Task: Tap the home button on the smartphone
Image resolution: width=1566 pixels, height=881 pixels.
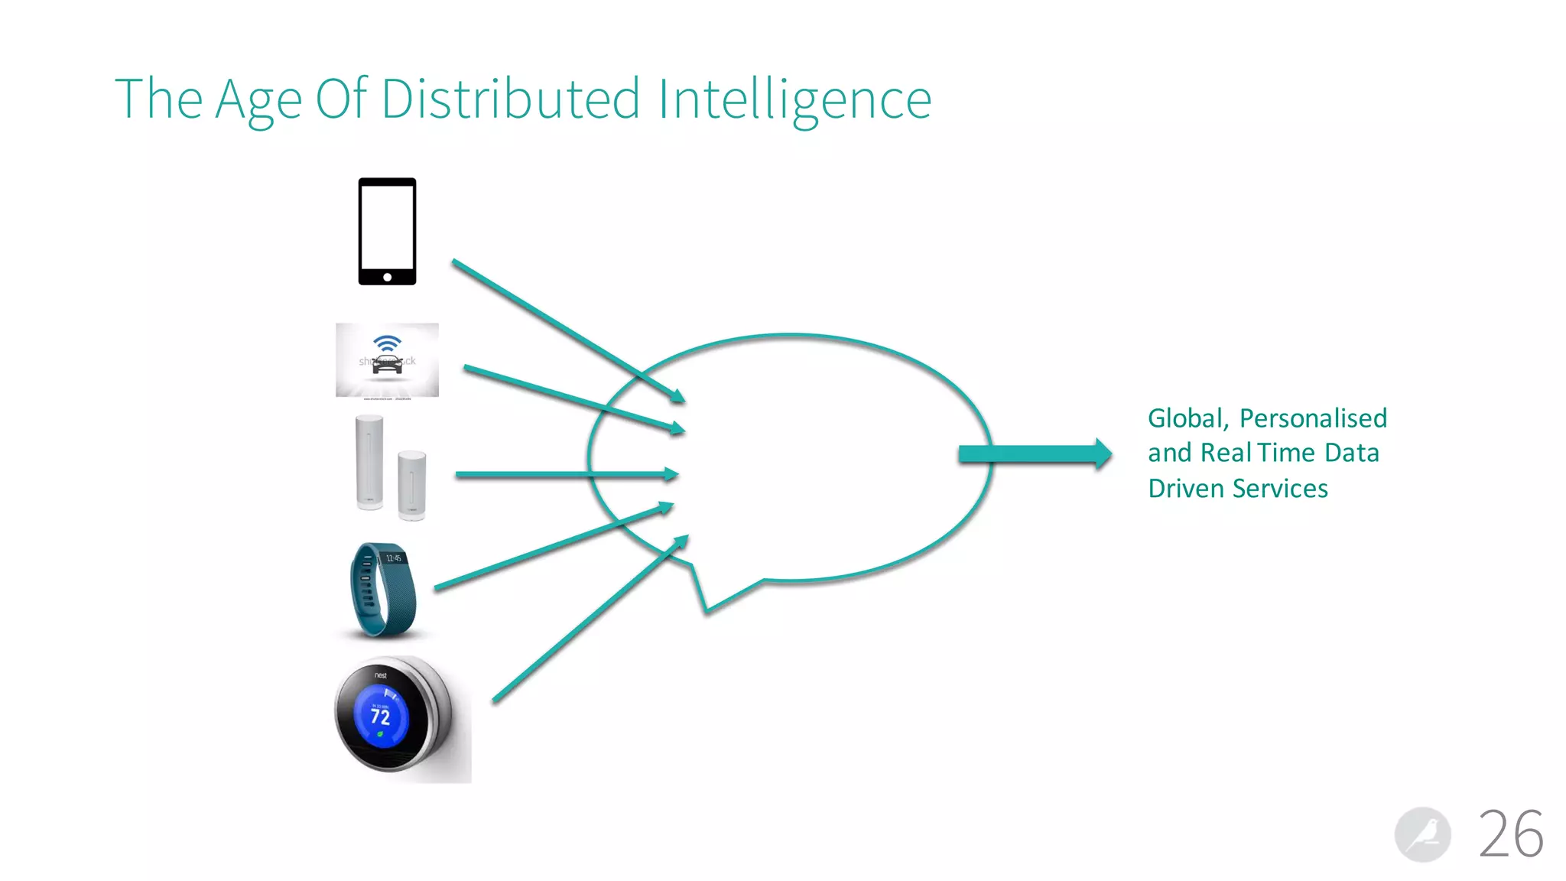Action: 387,277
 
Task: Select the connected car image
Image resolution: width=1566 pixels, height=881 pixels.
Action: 387,360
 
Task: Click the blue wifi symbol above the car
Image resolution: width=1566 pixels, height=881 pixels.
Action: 387,342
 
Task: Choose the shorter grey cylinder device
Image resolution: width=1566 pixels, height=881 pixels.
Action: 411,485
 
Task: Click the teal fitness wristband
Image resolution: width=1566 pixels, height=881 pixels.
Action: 382,589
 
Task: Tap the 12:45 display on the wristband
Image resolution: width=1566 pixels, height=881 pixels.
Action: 393,558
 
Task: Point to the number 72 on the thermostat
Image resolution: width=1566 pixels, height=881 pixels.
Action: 380,717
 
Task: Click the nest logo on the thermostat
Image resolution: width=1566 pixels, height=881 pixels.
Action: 380,675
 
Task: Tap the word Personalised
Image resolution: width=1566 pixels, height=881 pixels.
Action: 1313,418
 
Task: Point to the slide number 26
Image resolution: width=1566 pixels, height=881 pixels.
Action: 1511,834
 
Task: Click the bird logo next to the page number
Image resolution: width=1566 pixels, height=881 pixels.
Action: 1422,834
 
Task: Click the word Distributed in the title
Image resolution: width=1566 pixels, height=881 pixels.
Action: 510,99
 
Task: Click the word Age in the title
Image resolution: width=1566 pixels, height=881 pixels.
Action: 258,99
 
